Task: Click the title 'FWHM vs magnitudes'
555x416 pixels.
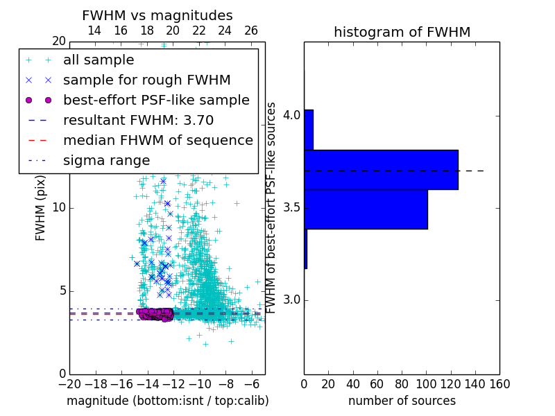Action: coord(157,15)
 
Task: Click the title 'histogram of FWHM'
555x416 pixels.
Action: coord(402,32)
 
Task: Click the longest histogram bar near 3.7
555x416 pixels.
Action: coord(381,169)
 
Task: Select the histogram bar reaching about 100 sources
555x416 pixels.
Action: coord(366,209)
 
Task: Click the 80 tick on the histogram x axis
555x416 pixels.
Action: coord(402,383)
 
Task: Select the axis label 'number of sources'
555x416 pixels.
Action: coord(402,401)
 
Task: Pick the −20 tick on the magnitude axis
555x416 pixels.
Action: coord(69,383)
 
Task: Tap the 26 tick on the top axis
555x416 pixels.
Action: coord(251,31)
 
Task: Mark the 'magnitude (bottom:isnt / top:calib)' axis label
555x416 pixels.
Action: coord(167,401)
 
